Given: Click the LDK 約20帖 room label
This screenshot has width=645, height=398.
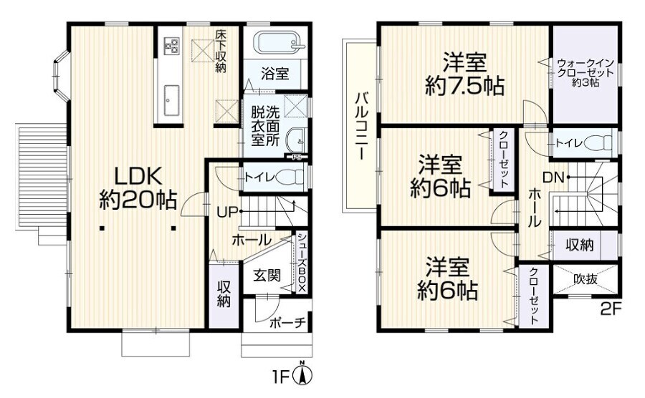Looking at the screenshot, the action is point(138,188).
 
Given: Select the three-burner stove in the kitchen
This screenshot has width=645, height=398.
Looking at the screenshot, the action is point(172,46).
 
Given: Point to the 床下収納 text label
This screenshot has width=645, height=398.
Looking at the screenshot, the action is point(221,51).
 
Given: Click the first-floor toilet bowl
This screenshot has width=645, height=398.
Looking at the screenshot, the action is point(290,178).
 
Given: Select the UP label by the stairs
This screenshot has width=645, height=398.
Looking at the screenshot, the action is point(227,212).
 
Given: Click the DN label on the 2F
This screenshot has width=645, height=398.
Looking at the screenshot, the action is point(553,178).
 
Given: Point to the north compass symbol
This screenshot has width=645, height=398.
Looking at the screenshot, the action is point(303,374).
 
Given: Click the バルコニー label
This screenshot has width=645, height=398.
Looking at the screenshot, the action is point(362,126).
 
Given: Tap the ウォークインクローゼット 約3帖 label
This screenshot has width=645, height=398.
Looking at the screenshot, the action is point(586,73).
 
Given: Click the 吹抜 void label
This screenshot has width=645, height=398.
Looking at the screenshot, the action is point(586,279).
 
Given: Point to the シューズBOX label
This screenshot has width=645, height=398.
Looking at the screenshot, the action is point(301,263).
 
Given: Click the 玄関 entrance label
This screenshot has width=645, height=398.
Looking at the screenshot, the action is point(267,275).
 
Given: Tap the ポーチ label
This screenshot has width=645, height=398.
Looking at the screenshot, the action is point(288,324).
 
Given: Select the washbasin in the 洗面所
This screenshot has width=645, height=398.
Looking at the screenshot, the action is point(296,141).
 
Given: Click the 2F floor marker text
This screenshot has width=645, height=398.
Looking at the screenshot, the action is point(611,309).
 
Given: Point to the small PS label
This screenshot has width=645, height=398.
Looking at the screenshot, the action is point(296,157).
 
